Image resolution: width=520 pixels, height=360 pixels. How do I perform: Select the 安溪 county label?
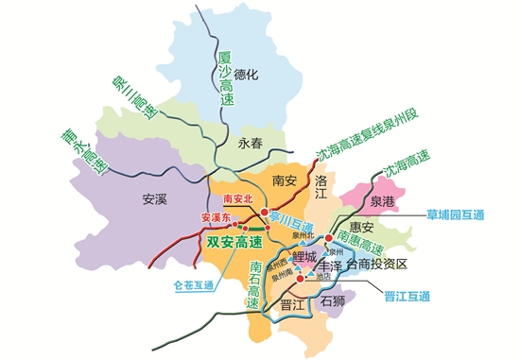154,199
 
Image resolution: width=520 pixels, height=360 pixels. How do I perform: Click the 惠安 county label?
363,227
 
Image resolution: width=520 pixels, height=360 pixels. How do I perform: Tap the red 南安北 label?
237,199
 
